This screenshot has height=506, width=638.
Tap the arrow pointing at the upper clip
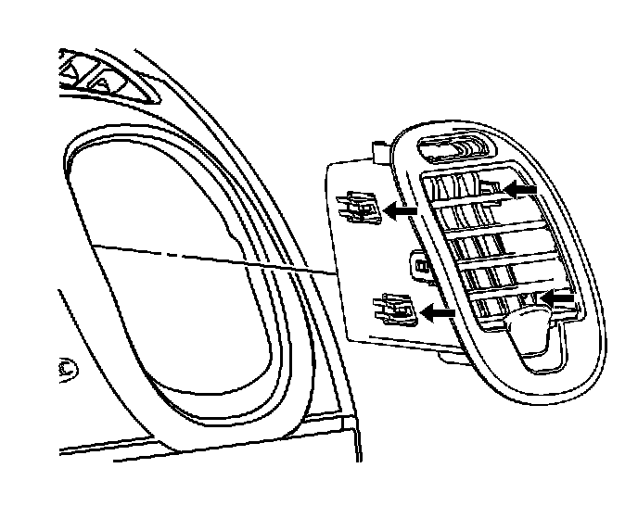coord(401,211)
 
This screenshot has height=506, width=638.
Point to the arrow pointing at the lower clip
coord(439,313)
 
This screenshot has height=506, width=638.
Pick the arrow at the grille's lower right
coord(558,297)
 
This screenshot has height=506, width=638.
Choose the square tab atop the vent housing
coord(378,148)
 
